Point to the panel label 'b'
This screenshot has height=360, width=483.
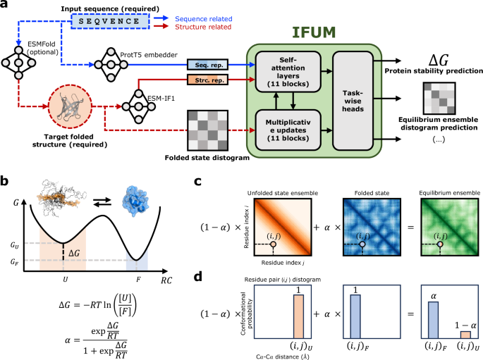(x=6, y=182)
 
